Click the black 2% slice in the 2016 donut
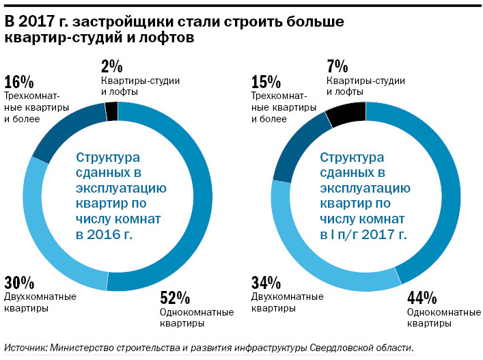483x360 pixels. click(x=111, y=110)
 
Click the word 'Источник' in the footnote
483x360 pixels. click(x=25, y=348)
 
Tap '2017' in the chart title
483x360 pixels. click(x=38, y=22)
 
